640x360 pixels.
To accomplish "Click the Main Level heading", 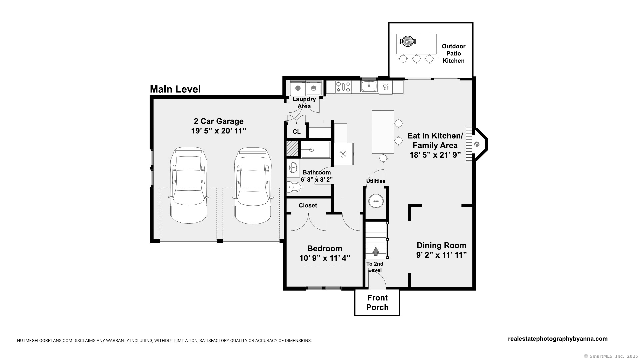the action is tap(175, 89).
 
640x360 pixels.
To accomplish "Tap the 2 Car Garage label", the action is tap(219, 121).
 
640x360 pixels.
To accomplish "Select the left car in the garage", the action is tap(189, 185).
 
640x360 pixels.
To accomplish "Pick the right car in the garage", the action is tap(253, 185).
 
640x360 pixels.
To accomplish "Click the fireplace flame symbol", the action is tap(477, 144).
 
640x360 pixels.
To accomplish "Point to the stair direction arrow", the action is tap(376, 251).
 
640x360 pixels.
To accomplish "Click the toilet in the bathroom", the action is tap(294, 187).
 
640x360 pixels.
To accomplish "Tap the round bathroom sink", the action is tap(293, 167).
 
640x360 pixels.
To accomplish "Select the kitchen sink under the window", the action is tap(369, 86).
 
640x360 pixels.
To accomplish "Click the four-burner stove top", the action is tap(343, 87).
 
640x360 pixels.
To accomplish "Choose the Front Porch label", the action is tap(377, 303).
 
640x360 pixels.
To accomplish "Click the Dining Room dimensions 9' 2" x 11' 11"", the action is tap(441, 255).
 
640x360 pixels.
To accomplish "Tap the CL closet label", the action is tap(297, 132).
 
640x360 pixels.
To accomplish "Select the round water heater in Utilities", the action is tap(376, 201).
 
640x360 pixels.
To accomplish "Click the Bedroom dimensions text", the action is tap(325, 258).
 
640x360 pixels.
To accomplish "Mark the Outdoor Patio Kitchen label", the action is tap(453, 53).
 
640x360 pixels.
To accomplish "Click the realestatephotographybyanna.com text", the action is tap(558, 339).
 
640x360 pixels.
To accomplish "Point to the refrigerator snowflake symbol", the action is tap(343, 154).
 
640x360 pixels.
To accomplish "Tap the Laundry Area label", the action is tap(304, 103).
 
